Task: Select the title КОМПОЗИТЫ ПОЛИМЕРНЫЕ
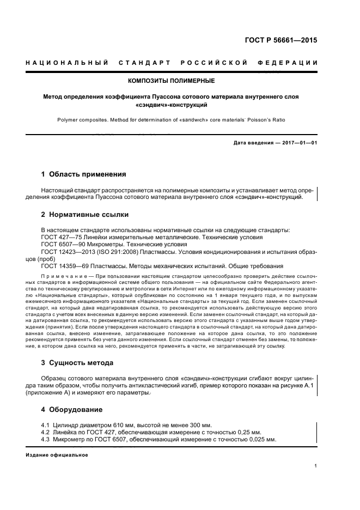171,81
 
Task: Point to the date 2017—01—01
300,143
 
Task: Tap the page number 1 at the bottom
315,466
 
